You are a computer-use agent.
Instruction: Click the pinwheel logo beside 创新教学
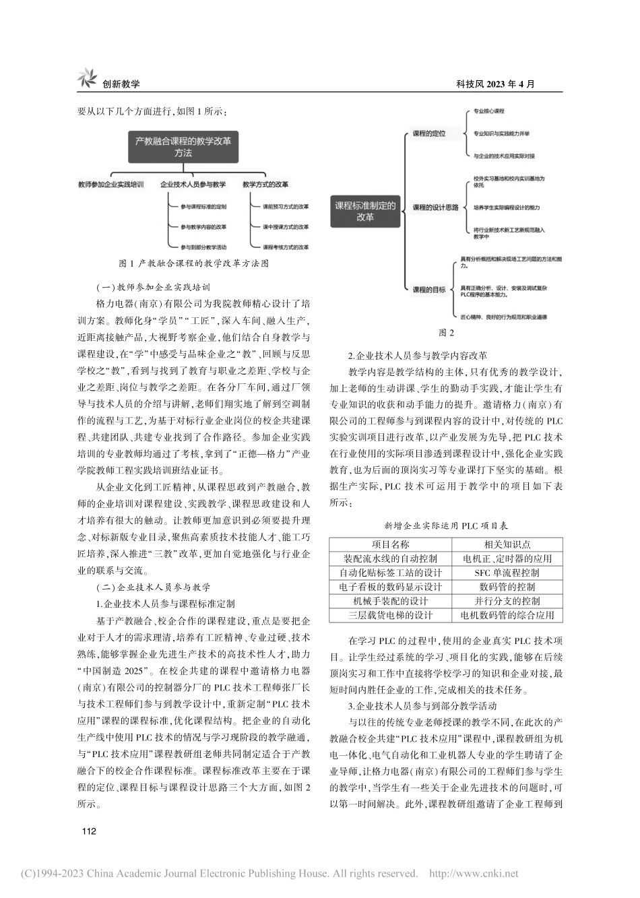87,78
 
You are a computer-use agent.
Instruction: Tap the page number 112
89,831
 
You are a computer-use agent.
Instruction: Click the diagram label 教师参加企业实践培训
111,184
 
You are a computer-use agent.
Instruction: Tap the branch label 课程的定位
429,134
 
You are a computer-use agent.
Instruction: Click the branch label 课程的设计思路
435,207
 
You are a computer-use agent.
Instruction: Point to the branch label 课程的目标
429,290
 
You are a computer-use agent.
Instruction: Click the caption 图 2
447,332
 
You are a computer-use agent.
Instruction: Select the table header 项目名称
391,544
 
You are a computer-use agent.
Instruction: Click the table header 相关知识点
507,544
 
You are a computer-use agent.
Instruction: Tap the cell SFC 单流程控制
507,573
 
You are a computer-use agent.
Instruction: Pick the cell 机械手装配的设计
391,601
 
